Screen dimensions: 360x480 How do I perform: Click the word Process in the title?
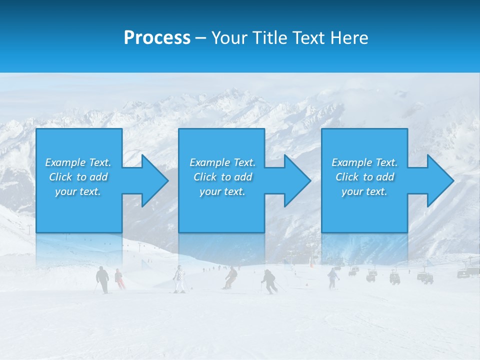pos(157,38)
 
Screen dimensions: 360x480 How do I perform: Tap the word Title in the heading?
pos(268,38)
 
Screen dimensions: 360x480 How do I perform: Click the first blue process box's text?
pos(78,177)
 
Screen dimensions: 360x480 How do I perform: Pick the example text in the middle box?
pos(222,177)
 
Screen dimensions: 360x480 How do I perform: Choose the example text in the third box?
pos(364,177)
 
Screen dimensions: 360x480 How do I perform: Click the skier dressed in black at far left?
pos(102,279)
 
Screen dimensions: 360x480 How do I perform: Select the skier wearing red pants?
pos(119,279)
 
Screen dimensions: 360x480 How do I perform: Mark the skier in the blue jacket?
pos(332,277)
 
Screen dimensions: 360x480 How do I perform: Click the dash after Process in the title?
pos(200,38)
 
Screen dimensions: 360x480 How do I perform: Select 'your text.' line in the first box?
pos(78,191)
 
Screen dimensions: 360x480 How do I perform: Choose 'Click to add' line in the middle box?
pos(222,177)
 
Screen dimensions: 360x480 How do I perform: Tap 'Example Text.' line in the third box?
pos(364,162)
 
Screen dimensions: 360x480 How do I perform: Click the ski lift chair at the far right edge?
pos(463,273)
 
